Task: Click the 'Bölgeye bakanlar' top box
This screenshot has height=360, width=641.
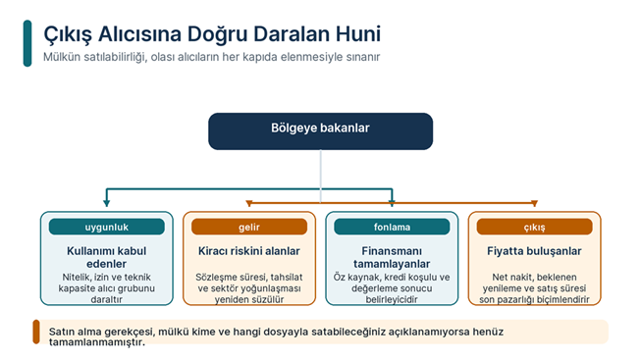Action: pos(320,131)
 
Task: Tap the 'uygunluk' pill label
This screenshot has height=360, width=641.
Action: pos(107,227)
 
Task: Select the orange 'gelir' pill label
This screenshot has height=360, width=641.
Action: pos(249,227)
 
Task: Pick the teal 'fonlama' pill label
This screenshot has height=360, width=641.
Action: pos(392,227)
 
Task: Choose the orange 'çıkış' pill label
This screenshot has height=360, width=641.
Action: pos(534,227)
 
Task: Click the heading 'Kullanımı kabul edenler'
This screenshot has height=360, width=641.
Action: pos(107,257)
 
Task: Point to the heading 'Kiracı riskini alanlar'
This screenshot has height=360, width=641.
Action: pos(249,251)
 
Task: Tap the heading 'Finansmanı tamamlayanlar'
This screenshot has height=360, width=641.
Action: pos(392,257)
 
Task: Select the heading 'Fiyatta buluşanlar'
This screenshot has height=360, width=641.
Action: pos(534,251)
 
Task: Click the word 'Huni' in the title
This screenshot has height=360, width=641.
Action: pos(358,34)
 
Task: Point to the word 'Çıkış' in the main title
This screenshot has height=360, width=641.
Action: pos(68,34)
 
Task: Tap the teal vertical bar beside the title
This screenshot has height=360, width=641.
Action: pos(27,43)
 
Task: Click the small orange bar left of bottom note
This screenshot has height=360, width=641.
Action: pos(36,332)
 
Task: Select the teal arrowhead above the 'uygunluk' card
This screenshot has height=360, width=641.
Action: pos(107,203)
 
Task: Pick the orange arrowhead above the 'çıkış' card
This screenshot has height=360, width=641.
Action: pos(534,203)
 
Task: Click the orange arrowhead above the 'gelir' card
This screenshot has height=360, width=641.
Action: pos(249,203)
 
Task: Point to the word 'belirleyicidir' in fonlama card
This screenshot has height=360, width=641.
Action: pos(392,299)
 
